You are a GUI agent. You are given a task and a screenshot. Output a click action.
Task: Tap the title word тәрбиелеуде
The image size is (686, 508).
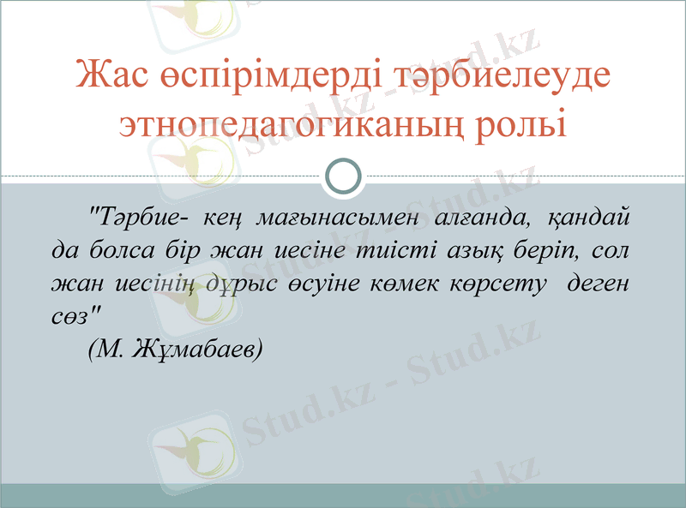497,75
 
